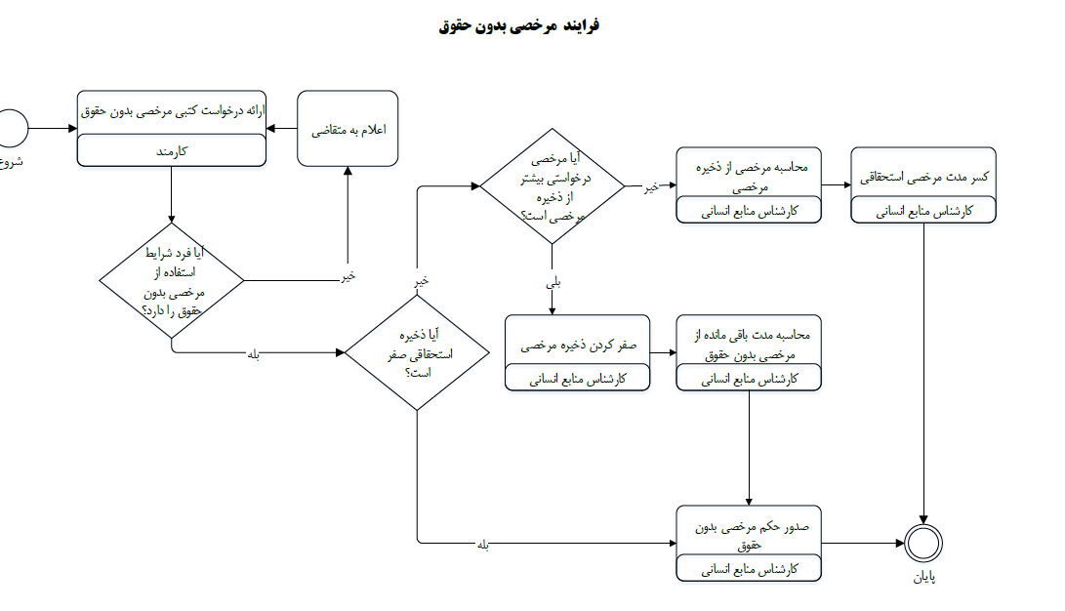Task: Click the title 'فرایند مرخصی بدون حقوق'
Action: pyautogui.click(x=519, y=25)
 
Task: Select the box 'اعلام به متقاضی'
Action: pyautogui.click(x=348, y=128)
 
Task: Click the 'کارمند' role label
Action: pyautogui.click(x=171, y=151)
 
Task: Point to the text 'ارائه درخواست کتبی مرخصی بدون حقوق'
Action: pyautogui.click(x=172, y=110)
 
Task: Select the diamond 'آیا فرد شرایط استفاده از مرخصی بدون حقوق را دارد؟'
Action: pyautogui.click(x=172, y=280)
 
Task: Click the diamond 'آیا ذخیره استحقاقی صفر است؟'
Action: pyautogui.click(x=417, y=352)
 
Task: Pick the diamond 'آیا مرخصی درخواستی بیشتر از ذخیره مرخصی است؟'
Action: pyautogui.click(x=553, y=186)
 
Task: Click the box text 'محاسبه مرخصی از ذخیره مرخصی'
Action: pyautogui.click(x=749, y=177)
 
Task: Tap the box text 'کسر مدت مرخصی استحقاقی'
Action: pyautogui.click(x=923, y=178)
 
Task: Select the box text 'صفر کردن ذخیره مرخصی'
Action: pyautogui.click(x=578, y=345)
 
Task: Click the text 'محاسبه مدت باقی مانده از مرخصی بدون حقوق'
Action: pyautogui.click(x=749, y=345)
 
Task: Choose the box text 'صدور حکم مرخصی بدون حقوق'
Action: pyautogui.click(x=750, y=535)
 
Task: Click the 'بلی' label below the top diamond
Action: pyautogui.click(x=553, y=282)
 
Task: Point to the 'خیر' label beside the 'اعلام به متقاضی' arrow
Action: pyautogui.click(x=348, y=275)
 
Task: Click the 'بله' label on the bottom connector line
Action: pyautogui.click(x=483, y=545)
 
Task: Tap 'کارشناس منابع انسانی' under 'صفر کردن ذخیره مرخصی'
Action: pyautogui.click(x=578, y=379)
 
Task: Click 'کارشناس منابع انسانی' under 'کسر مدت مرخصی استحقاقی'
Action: pyautogui.click(x=923, y=211)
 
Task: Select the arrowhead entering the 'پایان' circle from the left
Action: pyautogui.click(x=900, y=543)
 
